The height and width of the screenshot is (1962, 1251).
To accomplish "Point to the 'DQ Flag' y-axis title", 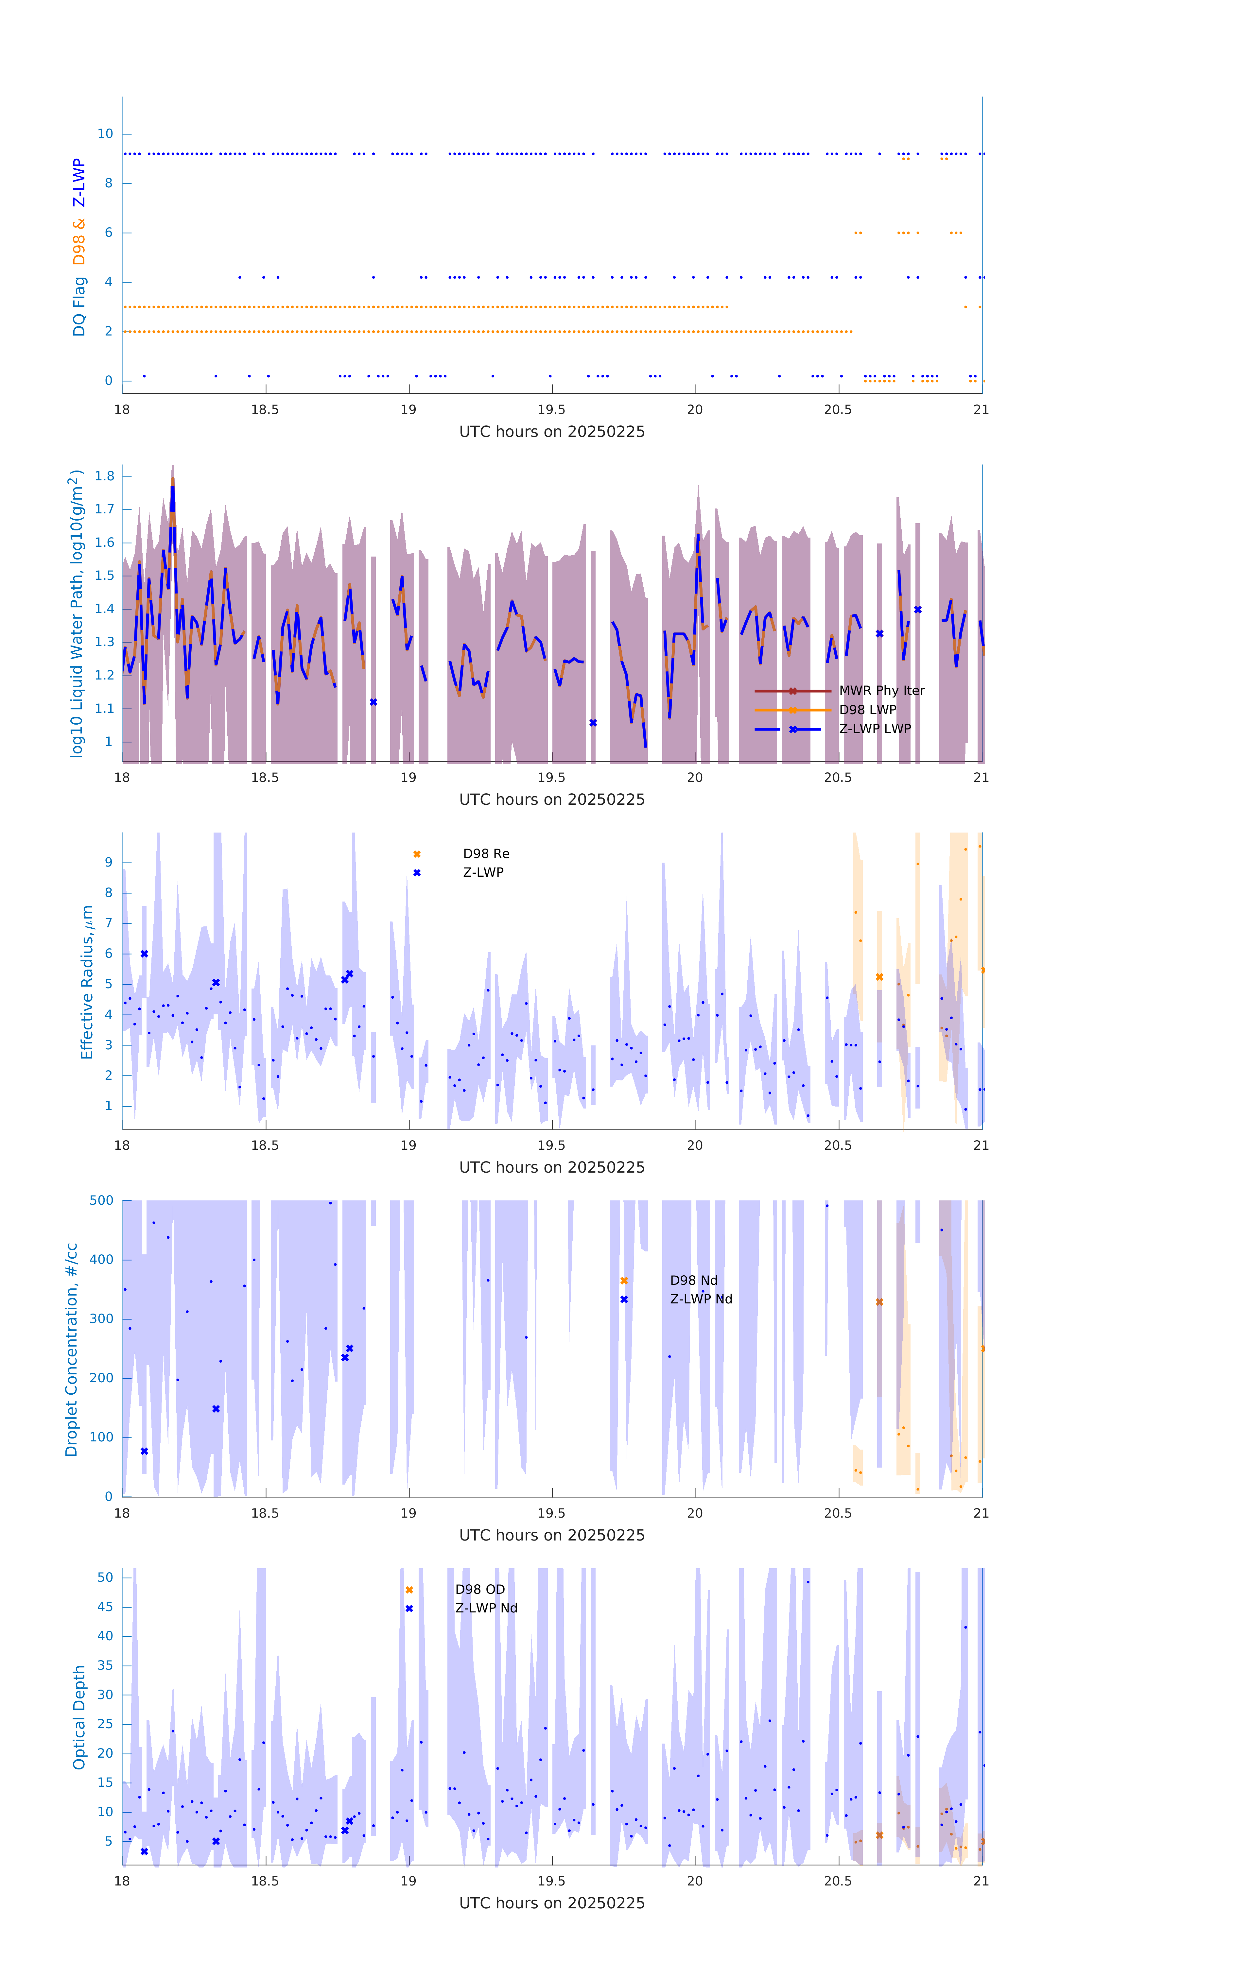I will (x=79, y=306).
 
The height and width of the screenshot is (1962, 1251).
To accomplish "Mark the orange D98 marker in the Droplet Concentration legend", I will (x=624, y=1281).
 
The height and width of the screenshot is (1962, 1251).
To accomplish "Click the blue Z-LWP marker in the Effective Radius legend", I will (x=416, y=873).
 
